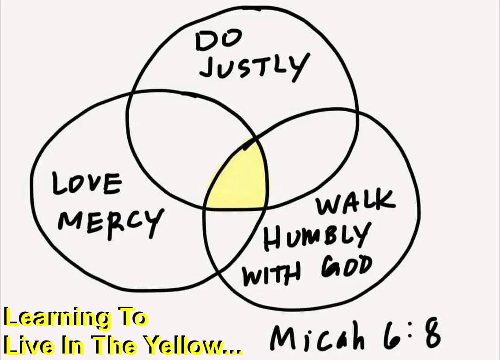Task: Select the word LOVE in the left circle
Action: pos(87,184)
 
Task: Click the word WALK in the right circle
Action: pos(356,204)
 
